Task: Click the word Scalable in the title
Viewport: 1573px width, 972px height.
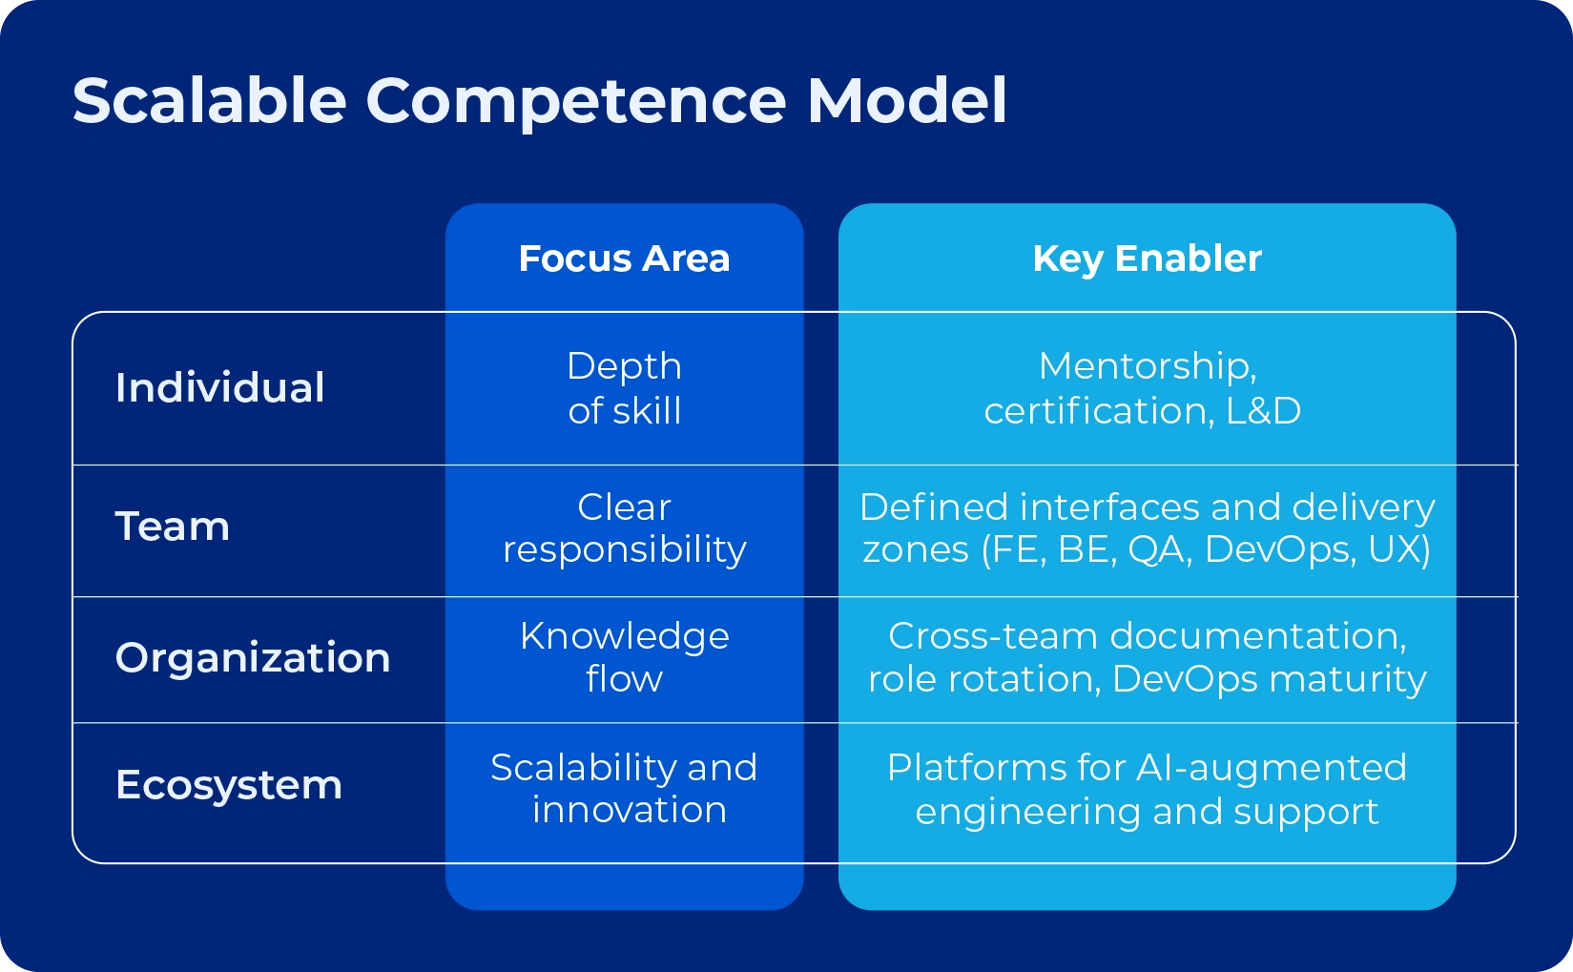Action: tap(209, 100)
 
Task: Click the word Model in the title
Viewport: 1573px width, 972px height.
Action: tap(906, 100)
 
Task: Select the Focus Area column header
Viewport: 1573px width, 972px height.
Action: tap(624, 259)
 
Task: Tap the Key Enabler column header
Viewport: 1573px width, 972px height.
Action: tap(1147, 259)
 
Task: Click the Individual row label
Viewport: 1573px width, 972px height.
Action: tap(219, 388)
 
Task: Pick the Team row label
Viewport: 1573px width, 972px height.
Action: tap(173, 527)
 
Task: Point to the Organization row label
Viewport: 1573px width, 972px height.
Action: tap(253, 658)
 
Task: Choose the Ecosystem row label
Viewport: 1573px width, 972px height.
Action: tap(228, 785)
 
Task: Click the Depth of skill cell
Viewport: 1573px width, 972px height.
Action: tap(624, 388)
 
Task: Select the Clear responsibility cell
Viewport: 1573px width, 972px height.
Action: tap(624, 527)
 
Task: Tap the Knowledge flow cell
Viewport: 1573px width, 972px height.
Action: tap(624, 657)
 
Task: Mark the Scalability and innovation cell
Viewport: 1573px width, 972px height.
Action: tap(624, 788)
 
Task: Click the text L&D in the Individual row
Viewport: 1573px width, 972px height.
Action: tap(1263, 411)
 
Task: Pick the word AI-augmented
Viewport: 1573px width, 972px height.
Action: tap(1271, 768)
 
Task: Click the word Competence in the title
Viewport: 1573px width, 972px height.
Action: tap(576, 100)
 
